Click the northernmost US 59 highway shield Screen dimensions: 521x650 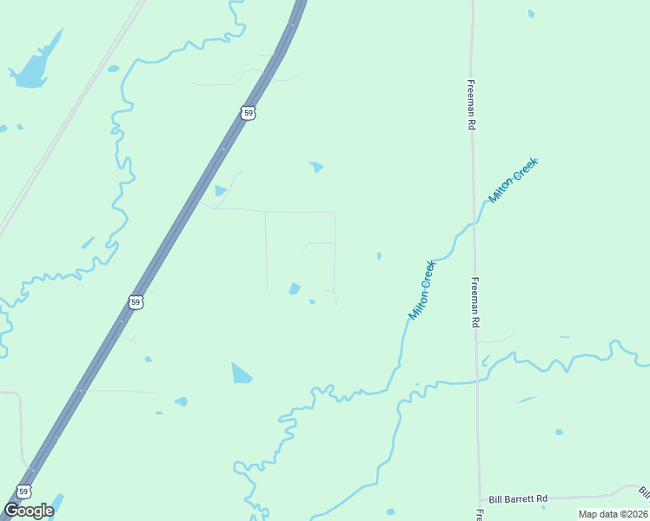(249, 113)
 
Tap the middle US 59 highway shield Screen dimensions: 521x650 (135, 302)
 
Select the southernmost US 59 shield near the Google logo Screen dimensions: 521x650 (23, 491)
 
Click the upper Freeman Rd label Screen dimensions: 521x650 (470, 106)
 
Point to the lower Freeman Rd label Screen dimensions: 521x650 (475, 302)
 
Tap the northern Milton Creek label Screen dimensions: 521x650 (514, 181)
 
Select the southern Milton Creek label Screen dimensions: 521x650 (421, 289)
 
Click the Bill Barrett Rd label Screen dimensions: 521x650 (518, 498)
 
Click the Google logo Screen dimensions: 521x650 (29, 511)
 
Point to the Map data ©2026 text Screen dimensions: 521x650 (612, 514)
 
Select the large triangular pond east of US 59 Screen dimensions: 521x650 (241, 373)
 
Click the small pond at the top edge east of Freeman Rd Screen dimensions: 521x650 (531, 14)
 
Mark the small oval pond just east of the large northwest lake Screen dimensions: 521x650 (113, 69)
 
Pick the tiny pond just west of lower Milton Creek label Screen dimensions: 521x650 (378, 256)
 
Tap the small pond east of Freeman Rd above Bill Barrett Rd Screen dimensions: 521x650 (559, 432)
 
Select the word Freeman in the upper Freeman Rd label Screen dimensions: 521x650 (470, 96)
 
